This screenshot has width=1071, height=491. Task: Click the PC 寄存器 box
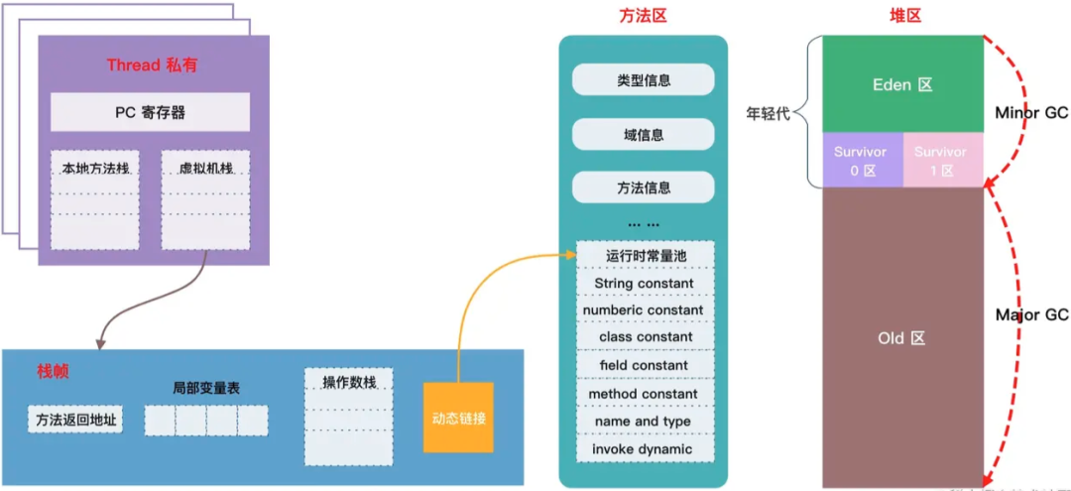click(x=150, y=112)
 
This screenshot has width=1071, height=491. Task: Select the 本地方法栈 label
click(x=94, y=168)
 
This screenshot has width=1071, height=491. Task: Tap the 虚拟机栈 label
click(x=205, y=168)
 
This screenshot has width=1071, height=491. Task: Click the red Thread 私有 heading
click(x=152, y=65)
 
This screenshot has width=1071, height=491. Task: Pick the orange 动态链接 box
click(x=458, y=418)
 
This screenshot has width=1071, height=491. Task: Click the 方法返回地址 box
click(x=74, y=420)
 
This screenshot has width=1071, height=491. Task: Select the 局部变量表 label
click(x=205, y=388)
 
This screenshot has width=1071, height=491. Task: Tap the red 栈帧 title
click(x=53, y=371)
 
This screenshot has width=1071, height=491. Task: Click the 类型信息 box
click(x=643, y=80)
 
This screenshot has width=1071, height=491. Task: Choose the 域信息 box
click(x=643, y=134)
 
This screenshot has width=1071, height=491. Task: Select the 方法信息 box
click(x=643, y=187)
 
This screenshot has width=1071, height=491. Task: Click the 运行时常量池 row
click(x=646, y=256)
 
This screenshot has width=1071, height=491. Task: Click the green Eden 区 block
click(x=902, y=85)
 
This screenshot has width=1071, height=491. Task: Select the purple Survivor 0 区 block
click(x=861, y=161)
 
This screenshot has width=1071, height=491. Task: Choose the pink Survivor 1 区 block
click(x=941, y=161)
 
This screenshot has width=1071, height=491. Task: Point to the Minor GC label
click(x=1031, y=113)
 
